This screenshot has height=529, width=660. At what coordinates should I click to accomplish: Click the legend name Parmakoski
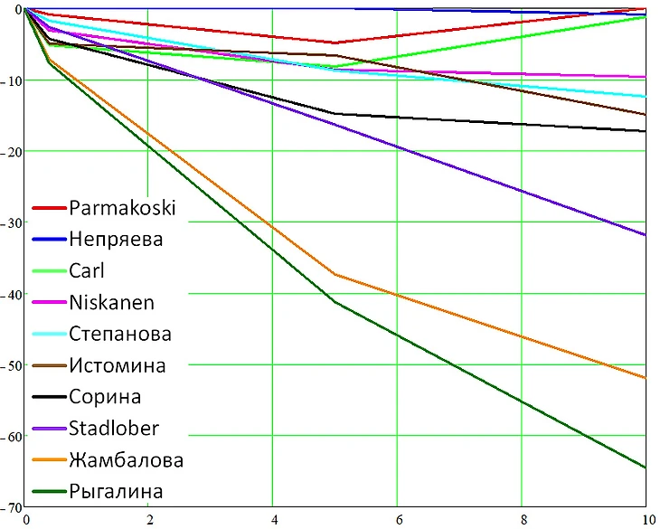122,208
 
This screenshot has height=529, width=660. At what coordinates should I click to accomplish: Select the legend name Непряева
116,240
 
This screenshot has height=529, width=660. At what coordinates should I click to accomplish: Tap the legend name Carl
87,271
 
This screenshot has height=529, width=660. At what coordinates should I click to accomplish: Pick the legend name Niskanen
111,303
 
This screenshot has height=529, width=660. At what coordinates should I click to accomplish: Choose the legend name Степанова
120,334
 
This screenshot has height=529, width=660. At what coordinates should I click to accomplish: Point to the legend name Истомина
118,365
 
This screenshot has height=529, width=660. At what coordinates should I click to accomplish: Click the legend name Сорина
105,397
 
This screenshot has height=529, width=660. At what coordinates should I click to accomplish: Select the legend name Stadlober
114,429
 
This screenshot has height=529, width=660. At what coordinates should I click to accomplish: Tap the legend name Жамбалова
126,460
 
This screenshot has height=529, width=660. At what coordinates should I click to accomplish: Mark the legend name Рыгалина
116,492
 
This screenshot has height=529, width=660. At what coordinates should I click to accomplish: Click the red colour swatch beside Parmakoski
48,209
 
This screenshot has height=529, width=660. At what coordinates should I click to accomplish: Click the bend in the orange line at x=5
335,274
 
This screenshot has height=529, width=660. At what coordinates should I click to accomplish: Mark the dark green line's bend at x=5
335,302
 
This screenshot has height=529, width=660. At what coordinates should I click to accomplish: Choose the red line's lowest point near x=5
335,43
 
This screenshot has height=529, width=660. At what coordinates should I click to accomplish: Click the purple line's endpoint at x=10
646,235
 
